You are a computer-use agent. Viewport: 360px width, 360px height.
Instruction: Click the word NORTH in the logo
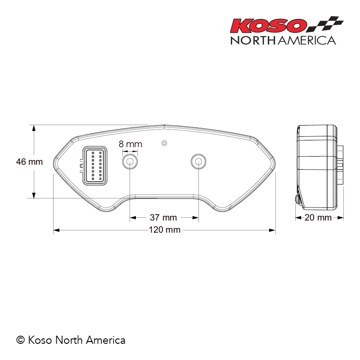pyautogui.click(x=253, y=40)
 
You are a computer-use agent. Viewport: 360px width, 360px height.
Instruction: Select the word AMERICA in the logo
pyautogui.click(x=307, y=40)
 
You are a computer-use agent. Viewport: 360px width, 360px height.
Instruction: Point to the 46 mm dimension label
pyautogui.click(x=29, y=161)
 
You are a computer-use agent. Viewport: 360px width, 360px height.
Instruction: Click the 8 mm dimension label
pyautogui.click(x=130, y=144)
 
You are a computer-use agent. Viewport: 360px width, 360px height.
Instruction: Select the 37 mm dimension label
pyautogui.click(x=163, y=218)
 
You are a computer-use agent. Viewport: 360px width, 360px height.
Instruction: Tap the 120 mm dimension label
pyautogui.click(x=165, y=230)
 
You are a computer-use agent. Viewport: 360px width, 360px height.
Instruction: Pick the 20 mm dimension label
pyautogui.click(x=318, y=218)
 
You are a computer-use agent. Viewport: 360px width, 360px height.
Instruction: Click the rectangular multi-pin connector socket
pyautogui.click(x=94, y=165)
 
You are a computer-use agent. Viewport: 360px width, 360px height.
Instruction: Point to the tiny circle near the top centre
pyautogui.click(x=164, y=143)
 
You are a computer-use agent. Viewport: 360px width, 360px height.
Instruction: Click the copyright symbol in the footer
pyautogui.click(x=20, y=340)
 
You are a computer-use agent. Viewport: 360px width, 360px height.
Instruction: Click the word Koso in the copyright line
pyautogui.click(x=40, y=340)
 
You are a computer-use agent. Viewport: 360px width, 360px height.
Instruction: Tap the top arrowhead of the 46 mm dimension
pyautogui.click(x=33, y=127)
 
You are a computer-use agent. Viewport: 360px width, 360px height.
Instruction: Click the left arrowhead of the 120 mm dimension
pyautogui.click(x=56, y=230)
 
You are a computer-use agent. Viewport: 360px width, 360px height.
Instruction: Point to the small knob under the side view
pyautogui.click(x=297, y=198)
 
